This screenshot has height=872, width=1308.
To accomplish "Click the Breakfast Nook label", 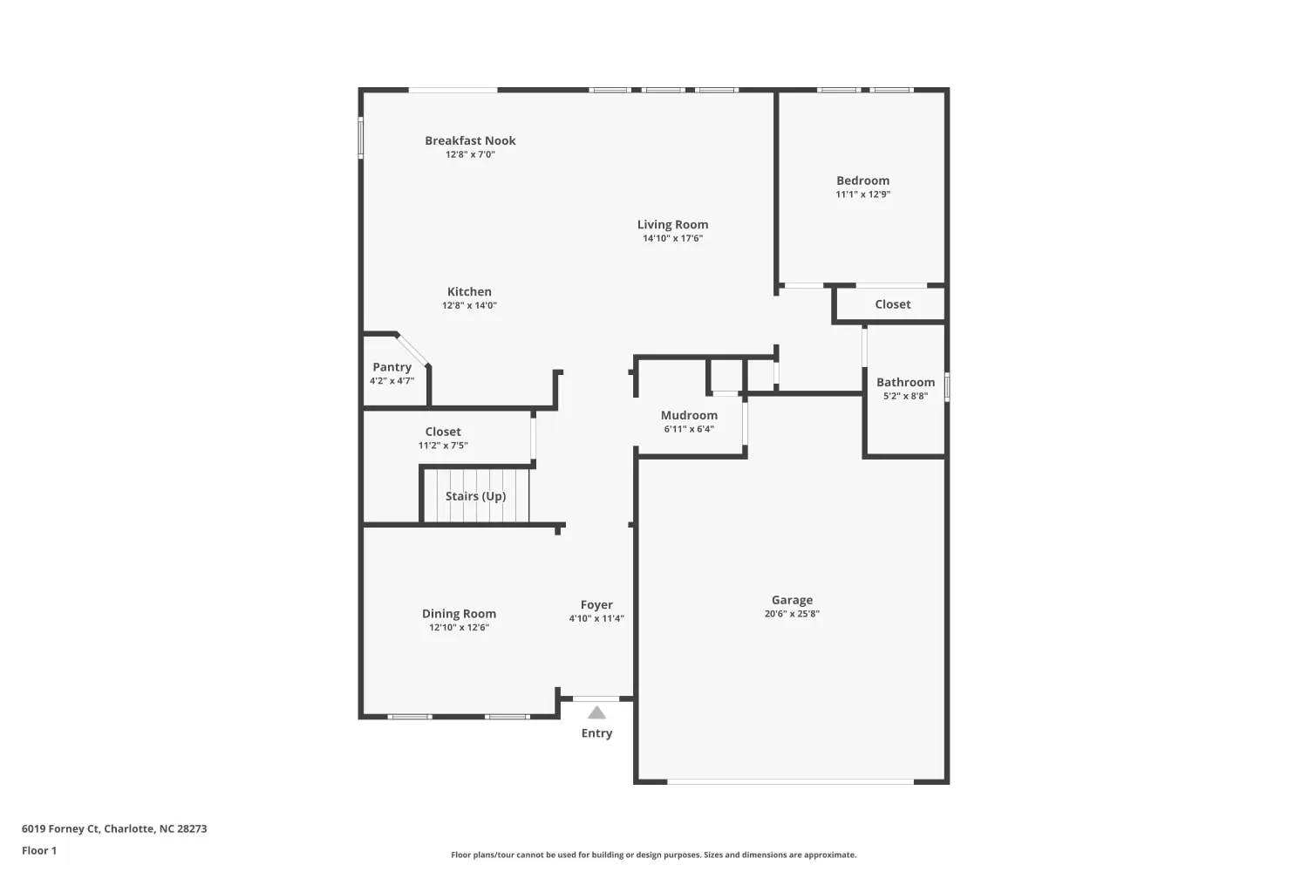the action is (470, 140).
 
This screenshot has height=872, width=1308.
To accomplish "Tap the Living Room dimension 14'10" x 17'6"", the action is (672, 238).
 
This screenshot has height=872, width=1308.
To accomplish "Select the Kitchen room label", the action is (469, 291).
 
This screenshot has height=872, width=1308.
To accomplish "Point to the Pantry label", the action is (392, 367).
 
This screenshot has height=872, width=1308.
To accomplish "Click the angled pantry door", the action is (412, 350).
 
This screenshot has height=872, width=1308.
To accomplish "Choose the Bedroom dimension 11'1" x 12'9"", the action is (863, 194).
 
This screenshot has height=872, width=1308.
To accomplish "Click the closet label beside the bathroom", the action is (893, 304).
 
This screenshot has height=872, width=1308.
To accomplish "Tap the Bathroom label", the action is (906, 383).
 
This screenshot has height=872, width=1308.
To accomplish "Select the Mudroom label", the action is (689, 415).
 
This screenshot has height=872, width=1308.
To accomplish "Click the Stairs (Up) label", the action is (476, 496).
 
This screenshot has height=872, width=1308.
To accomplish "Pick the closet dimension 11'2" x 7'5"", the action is (443, 446).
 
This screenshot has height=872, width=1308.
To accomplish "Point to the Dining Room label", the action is (459, 614).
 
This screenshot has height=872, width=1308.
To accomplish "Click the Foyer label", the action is (596, 605).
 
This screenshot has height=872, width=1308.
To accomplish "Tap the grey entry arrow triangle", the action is (596, 713).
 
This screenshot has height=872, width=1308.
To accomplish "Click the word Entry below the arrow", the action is (596, 733).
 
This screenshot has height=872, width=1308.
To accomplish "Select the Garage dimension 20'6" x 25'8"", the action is (793, 614).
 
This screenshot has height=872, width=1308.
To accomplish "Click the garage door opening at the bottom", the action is (791, 781).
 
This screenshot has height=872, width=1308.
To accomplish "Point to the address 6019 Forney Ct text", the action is (61, 828).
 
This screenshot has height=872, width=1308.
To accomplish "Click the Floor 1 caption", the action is (39, 851).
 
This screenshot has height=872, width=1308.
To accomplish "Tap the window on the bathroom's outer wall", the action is (947, 387).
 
